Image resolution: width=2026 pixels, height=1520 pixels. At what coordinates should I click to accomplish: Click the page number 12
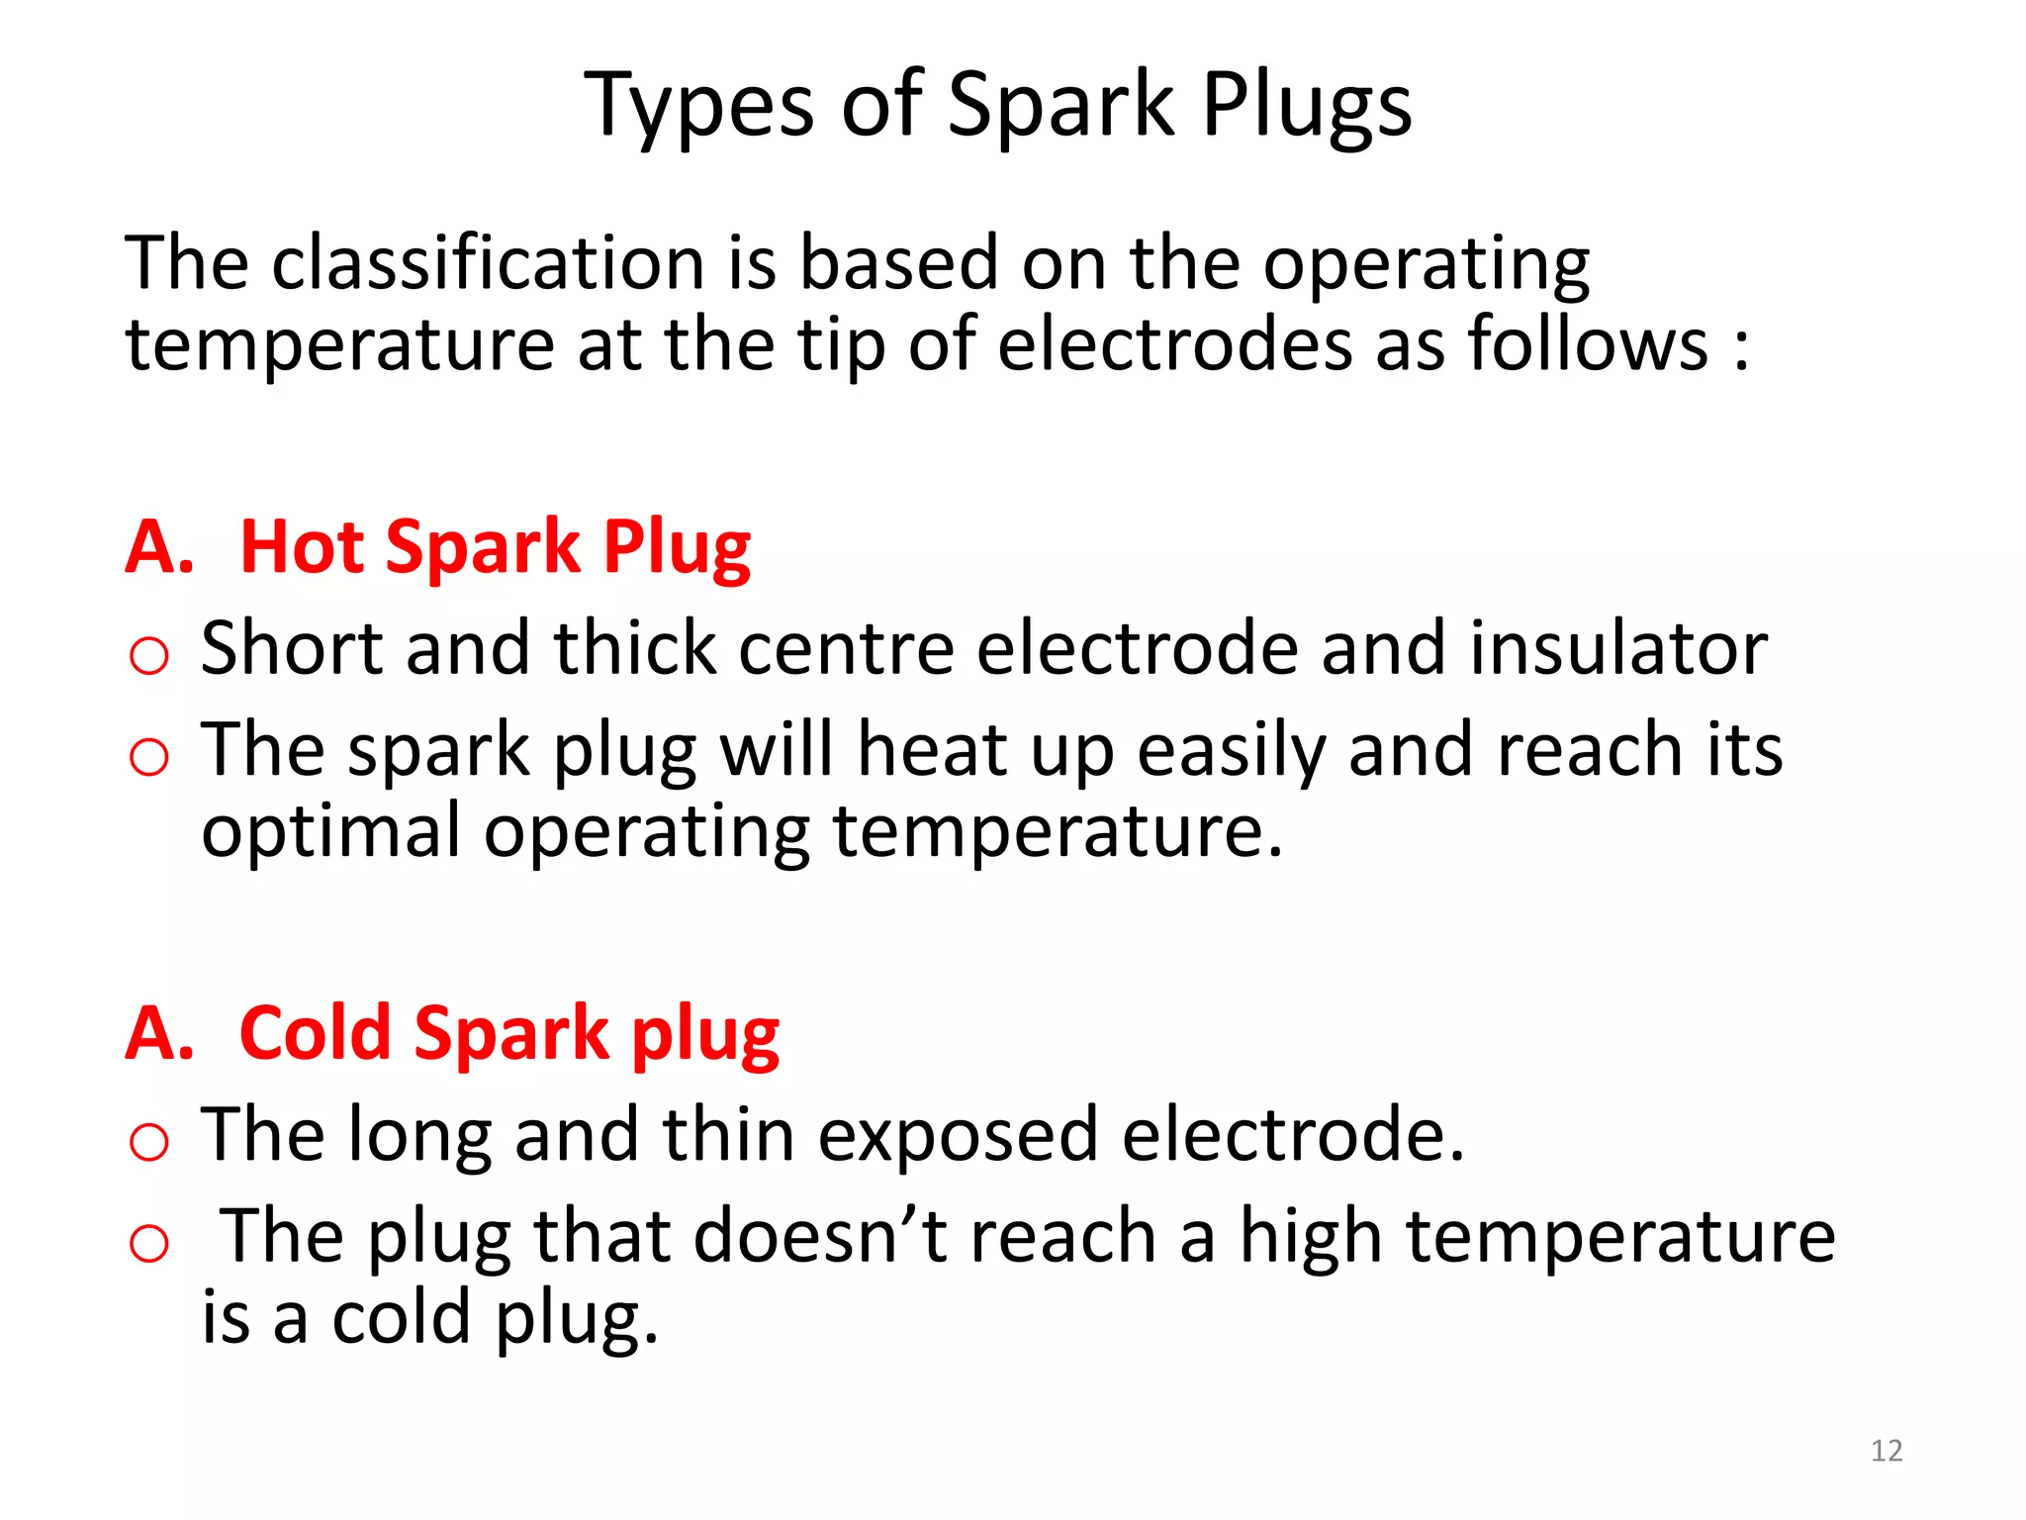(1887, 1451)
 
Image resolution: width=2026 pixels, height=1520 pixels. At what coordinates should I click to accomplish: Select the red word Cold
(315, 1033)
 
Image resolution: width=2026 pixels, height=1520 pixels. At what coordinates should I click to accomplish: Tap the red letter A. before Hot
(159, 546)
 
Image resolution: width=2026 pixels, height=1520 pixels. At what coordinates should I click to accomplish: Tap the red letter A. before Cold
(159, 1033)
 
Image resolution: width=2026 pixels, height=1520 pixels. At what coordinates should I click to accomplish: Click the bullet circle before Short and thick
(149, 656)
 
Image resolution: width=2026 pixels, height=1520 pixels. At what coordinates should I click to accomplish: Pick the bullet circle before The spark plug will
(149, 758)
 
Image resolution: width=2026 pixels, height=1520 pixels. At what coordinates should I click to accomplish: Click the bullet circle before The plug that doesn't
(149, 1244)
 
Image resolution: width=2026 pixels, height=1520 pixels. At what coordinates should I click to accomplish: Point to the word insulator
(1618, 648)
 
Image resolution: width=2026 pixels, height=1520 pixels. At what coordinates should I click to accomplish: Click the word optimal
(330, 830)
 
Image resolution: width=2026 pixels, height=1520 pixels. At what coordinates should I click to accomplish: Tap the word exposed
(958, 1134)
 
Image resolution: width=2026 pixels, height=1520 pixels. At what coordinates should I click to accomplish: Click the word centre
(845, 648)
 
